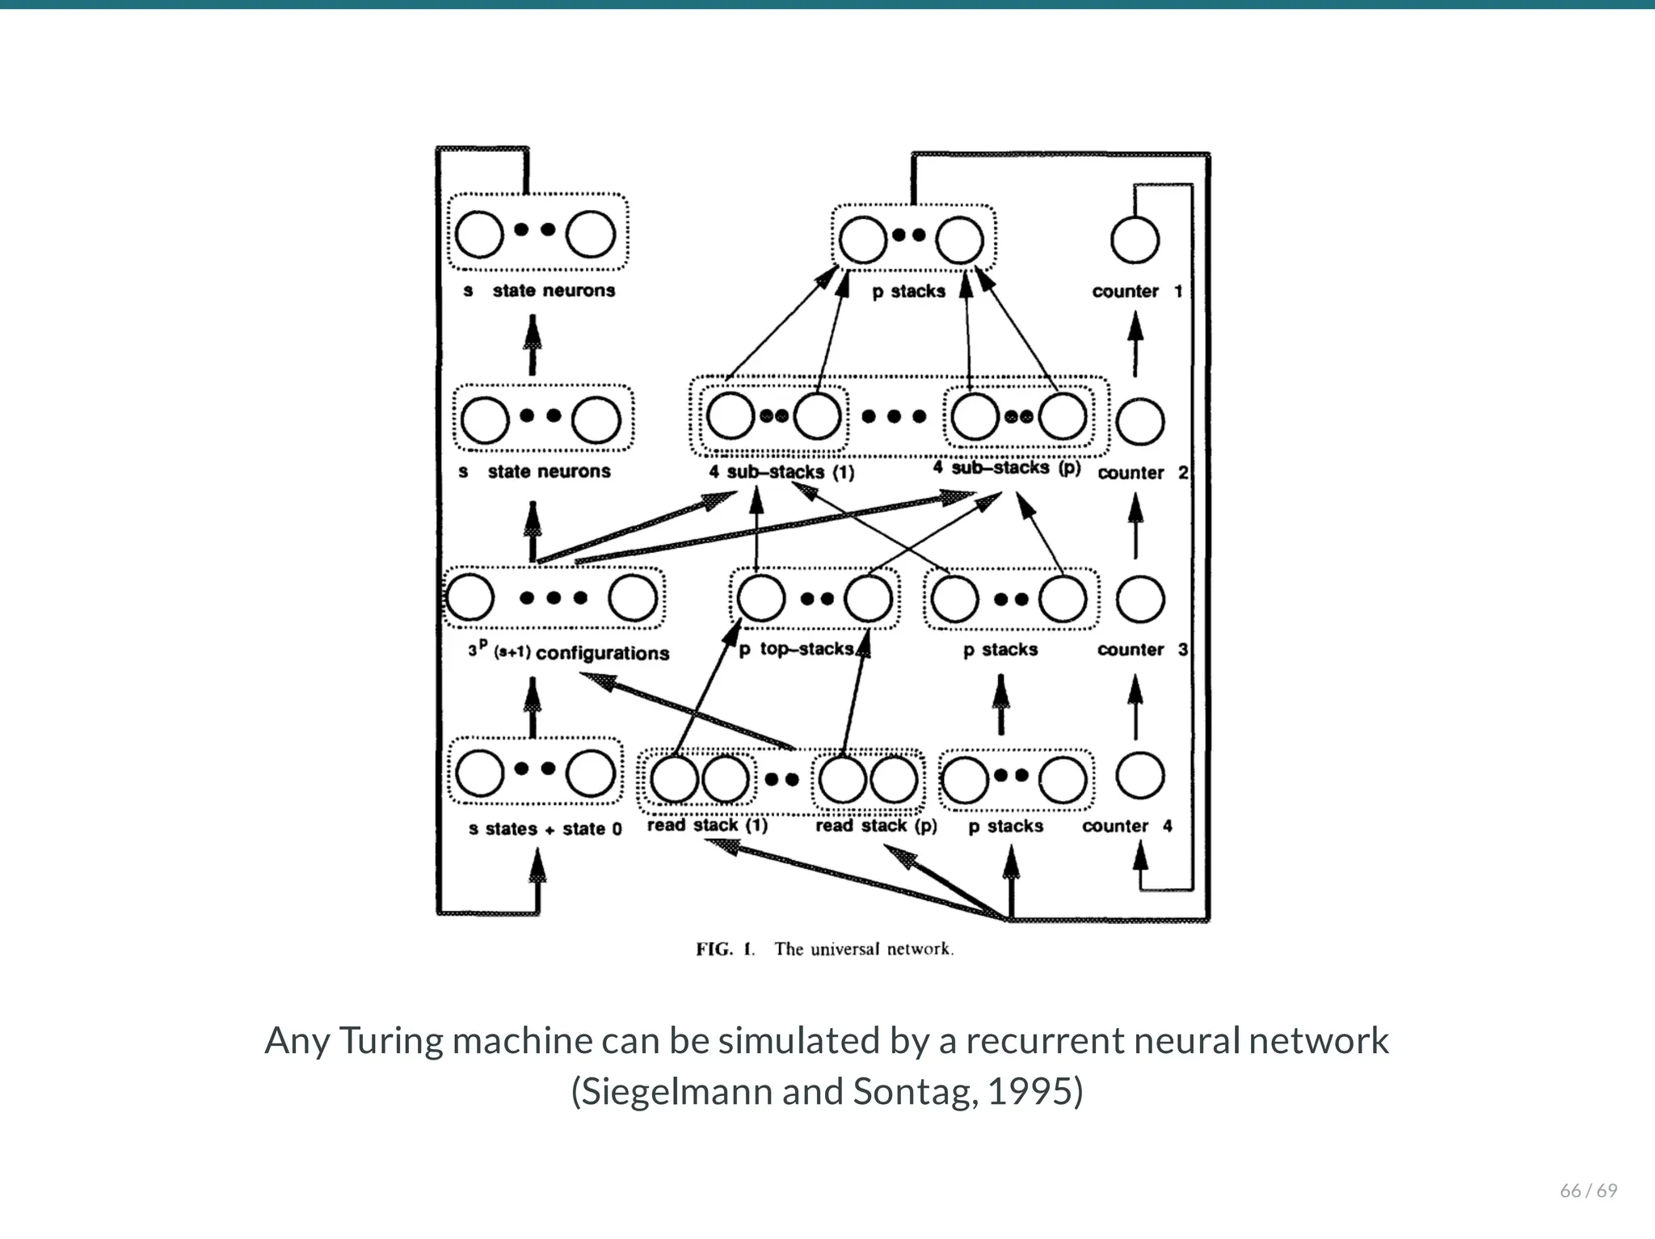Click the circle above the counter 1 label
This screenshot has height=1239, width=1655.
1135,240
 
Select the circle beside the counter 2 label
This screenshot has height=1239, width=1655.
1139,422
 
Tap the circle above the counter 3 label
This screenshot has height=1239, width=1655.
1139,599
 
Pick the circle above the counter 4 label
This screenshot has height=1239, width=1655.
1139,775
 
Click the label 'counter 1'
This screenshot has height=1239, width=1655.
1136,291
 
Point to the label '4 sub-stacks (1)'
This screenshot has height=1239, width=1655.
781,472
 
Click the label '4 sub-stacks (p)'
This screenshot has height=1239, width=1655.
1006,468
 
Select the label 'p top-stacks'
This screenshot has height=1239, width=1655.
797,649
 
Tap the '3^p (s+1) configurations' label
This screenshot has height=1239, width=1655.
568,651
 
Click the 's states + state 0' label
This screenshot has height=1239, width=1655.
545,828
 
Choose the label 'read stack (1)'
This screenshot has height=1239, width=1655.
706,825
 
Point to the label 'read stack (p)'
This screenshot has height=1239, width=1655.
876,825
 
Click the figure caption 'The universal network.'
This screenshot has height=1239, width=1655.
863,949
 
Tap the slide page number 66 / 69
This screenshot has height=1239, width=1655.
1588,1191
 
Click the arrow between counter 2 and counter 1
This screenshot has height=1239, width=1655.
1135,344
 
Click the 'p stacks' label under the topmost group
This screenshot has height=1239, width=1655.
908,291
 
